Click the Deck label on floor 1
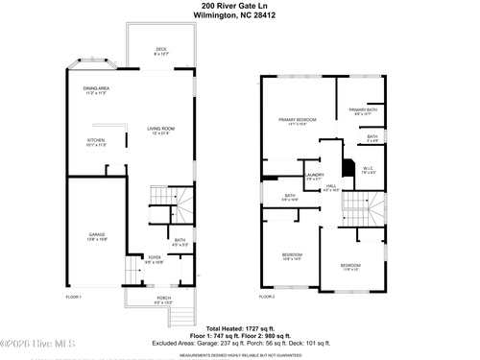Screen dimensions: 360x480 (x=161, y=52)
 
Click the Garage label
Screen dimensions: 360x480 (x=97, y=235)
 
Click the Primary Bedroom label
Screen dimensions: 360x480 (x=298, y=121)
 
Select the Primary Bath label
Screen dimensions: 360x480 (x=363, y=112)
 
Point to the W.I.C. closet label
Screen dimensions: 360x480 (x=368, y=171)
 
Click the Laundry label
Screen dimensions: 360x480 (x=314, y=162)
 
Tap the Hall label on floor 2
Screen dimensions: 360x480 (x=331, y=187)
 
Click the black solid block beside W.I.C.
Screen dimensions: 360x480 (x=349, y=165)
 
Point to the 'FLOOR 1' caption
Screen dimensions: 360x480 (x=75, y=297)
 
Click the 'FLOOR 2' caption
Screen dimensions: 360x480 (x=267, y=297)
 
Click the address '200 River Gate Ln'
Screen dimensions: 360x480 (x=241, y=6)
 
